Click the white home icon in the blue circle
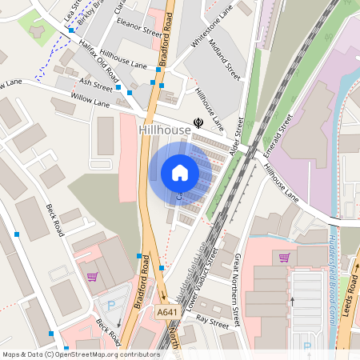click(180, 173)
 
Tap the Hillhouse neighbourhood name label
click(164, 129)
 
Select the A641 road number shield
click(167, 312)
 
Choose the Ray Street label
click(213, 318)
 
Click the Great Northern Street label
click(237, 290)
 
